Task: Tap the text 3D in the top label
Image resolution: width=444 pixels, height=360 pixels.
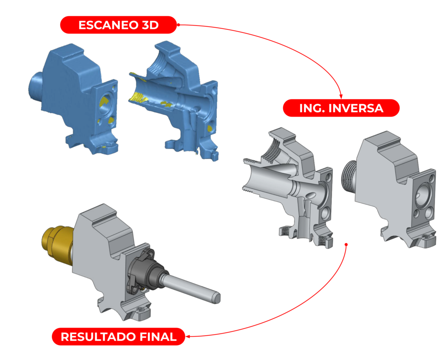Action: click(x=150, y=25)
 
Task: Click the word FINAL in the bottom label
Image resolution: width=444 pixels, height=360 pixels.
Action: click(x=158, y=337)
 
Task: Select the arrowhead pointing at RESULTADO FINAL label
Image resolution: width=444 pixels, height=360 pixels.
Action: click(x=188, y=337)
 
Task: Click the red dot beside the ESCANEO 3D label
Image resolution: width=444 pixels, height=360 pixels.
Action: click(x=179, y=25)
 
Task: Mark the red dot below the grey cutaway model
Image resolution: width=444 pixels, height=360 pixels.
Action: click(x=346, y=244)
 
